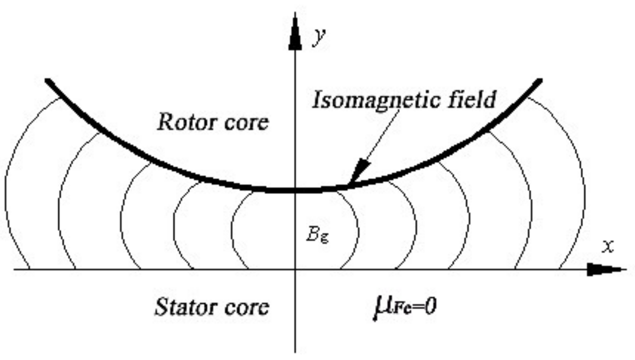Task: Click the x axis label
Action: tap(608, 246)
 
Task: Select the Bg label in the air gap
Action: tap(317, 235)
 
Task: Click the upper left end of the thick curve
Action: tap(47, 80)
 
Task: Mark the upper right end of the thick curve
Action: tap(540, 80)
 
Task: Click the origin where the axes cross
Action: tap(295, 270)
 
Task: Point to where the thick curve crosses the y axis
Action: tap(295, 190)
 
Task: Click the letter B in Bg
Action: tap(313, 234)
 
